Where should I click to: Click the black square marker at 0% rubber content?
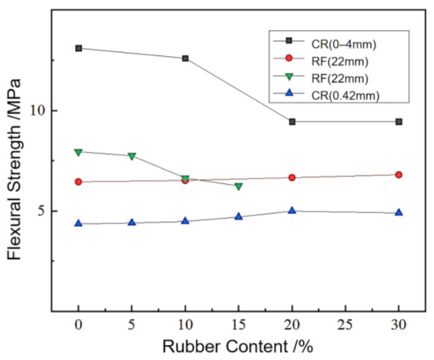tap(78, 48)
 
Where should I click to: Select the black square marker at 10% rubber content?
tap(185, 58)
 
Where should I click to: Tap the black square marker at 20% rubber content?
tap(292, 122)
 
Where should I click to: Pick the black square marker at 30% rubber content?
tap(398, 122)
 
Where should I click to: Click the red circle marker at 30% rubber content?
tap(398, 174)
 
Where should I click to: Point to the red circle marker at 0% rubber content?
tap(78, 182)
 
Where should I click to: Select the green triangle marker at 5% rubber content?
tap(132, 156)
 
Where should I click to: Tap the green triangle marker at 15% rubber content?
tap(238, 186)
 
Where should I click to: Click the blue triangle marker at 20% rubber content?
tap(292, 211)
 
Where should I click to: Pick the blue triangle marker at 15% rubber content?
tap(238, 216)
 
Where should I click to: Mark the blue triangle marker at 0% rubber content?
tap(78, 223)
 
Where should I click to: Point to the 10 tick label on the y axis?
tap(36, 111)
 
